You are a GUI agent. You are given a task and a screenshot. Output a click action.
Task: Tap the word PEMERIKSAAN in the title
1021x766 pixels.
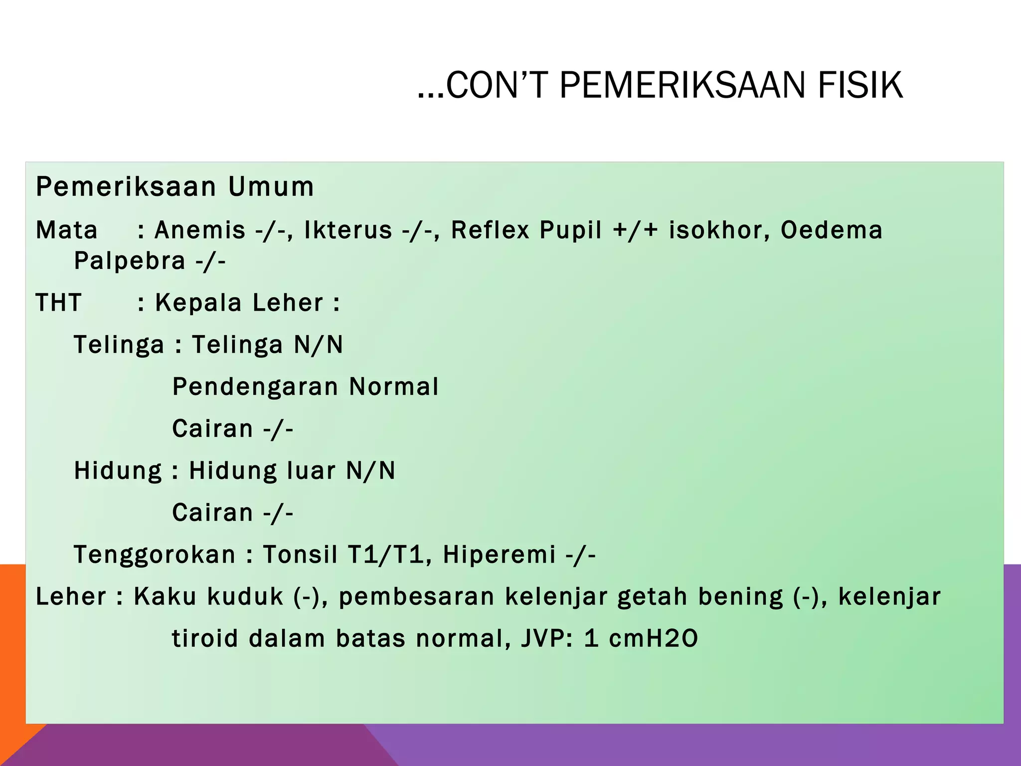[x=682, y=85]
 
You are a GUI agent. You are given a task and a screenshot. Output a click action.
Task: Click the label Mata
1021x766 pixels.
[x=67, y=230]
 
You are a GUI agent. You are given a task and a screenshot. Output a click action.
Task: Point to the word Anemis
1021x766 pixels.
[x=200, y=230]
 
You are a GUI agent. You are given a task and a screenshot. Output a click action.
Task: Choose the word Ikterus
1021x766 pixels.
[x=348, y=230]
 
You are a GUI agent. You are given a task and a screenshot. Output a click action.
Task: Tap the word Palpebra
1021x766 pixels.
[x=130, y=261]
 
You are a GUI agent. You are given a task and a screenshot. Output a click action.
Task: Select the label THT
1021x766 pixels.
[x=59, y=303]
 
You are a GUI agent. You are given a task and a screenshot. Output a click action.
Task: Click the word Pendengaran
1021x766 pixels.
[x=255, y=387]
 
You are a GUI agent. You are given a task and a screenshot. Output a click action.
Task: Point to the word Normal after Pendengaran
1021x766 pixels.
[x=393, y=387]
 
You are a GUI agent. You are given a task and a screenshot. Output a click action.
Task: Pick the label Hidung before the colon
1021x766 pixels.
[x=118, y=471]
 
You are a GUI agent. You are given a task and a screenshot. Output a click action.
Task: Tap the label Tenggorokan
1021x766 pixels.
[x=155, y=555]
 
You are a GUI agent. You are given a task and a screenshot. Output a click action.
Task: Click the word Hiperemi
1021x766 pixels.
[x=499, y=555]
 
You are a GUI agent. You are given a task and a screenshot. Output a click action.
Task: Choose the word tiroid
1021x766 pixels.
[x=205, y=638]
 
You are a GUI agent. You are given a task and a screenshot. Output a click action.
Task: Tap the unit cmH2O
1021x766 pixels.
[x=653, y=638]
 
